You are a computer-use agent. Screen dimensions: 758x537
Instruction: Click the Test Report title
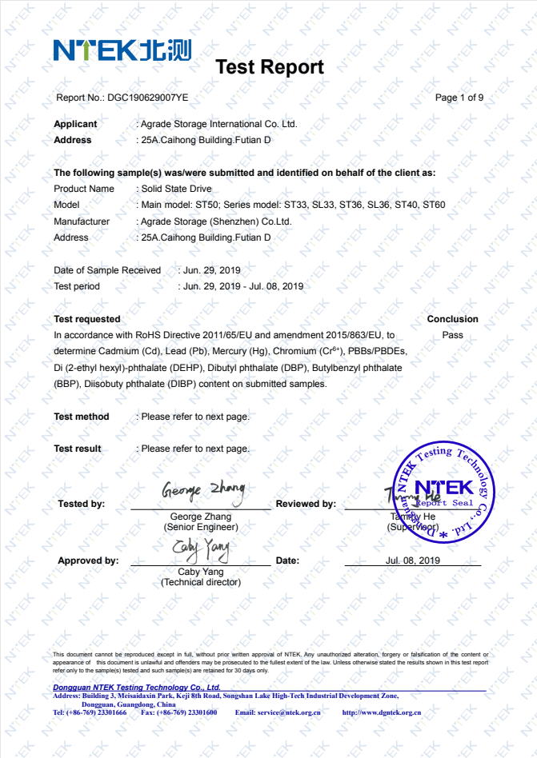coord(270,67)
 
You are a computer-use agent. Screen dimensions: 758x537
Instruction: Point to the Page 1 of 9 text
coord(459,98)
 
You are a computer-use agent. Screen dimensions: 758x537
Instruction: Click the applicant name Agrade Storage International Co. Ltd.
coord(218,124)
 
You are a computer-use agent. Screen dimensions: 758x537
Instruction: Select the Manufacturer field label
coord(82,221)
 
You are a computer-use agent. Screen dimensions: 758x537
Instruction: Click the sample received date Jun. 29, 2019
coord(211,270)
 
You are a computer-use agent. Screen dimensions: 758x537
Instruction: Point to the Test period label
coord(77,286)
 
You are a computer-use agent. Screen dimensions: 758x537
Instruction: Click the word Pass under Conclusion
coord(452,335)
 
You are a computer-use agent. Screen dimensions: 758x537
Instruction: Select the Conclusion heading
coord(452,319)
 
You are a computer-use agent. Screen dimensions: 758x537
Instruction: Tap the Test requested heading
coord(87,319)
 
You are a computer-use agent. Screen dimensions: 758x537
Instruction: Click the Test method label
coord(82,417)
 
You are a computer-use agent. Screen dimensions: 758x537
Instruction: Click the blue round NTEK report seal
coord(445,493)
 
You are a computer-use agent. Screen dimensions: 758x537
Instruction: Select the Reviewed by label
coord(306,504)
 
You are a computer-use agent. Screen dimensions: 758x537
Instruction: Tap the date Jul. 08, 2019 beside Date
coord(413,561)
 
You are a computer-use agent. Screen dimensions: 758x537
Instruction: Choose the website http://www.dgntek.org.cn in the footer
coord(382,712)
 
